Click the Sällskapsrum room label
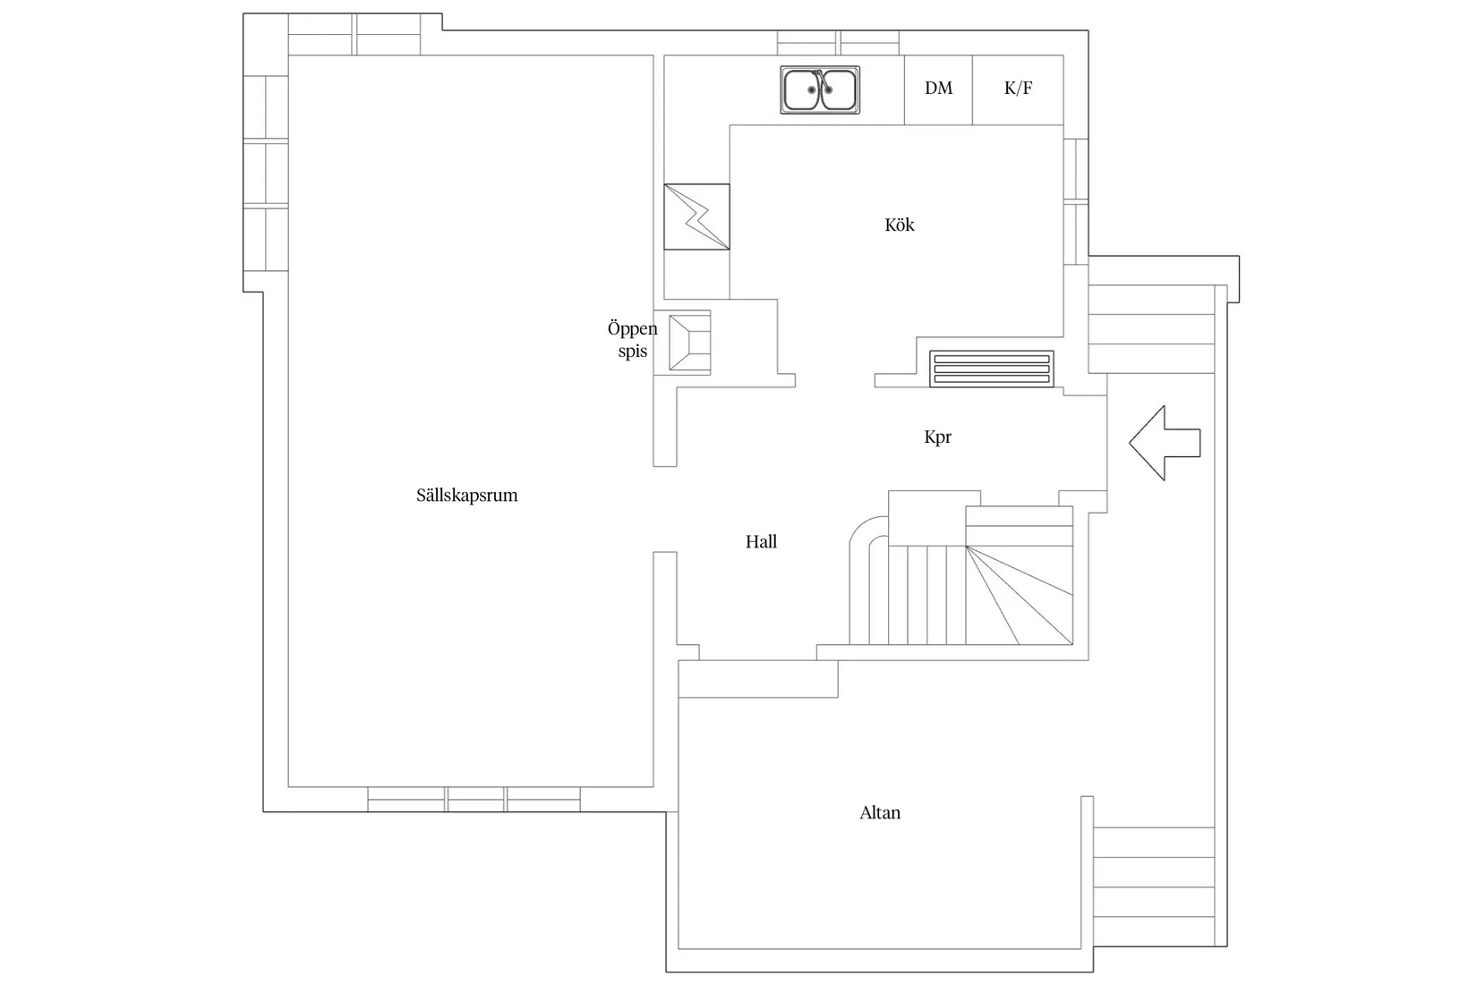click(x=467, y=496)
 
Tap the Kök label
click(x=900, y=225)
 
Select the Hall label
click(x=761, y=542)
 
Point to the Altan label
click(x=880, y=812)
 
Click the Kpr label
click(x=937, y=437)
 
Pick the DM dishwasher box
click(x=938, y=89)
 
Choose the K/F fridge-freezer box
click(x=1018, y=89)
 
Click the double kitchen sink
click(x=820, y=89)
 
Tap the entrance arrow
click(x=1165, y=443)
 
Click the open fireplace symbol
click(x=689, y=343)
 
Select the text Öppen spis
click(x=632, y=339)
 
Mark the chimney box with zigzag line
click(x=697, y=216)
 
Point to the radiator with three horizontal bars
click(x=992, y=369)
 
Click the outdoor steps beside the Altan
click(x=1154, y=871)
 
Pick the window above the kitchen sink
click(x=838, y=43)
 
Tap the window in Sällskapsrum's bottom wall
click(x=474, y=799)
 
